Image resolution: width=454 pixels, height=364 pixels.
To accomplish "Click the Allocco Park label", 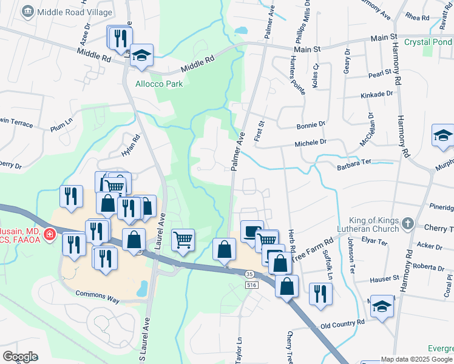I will click(159, 84).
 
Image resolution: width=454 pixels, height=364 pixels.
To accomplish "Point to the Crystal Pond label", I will click(429, 42).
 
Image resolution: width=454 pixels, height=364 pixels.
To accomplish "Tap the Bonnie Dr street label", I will click(311, 125).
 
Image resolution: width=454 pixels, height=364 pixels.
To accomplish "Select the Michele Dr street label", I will click(311, 143).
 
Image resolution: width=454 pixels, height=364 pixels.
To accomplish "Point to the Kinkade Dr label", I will click(377, 95).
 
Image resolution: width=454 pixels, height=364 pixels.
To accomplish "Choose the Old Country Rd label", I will click(343, 325).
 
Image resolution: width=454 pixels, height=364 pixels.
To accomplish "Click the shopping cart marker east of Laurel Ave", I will click(183, 240).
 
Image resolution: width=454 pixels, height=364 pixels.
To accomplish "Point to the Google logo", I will click(20, 357).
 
